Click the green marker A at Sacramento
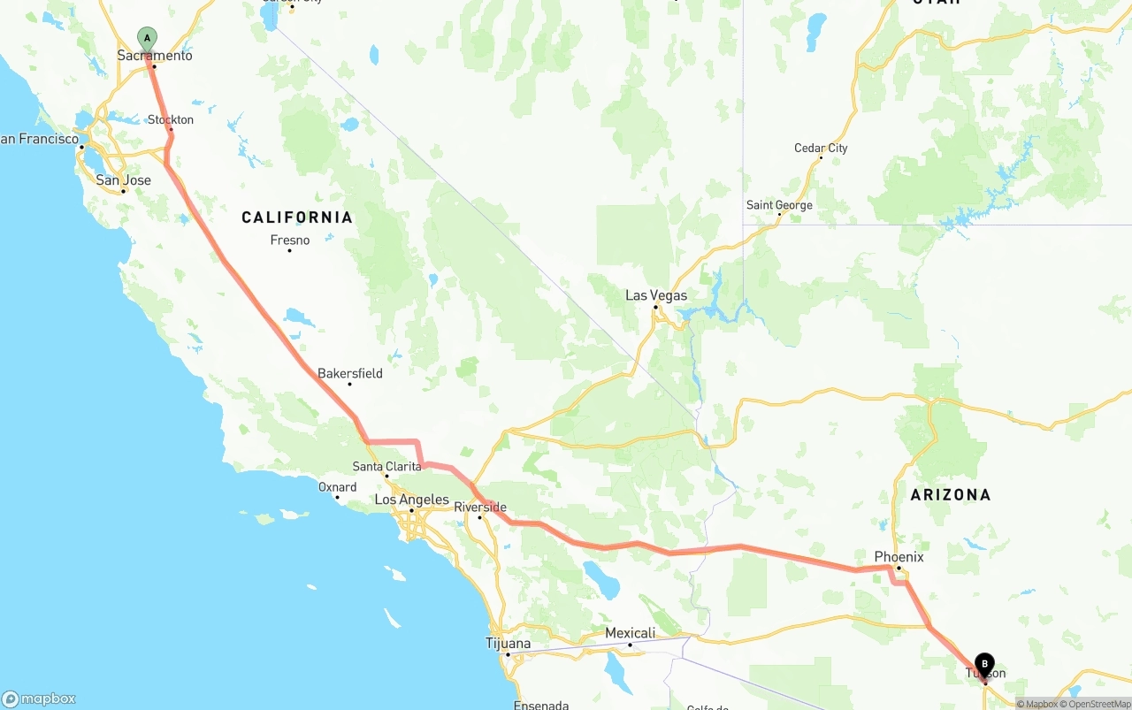pos(147,39)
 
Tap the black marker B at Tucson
pos(984,664)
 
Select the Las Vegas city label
pos(655,295)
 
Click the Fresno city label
pos(290,240)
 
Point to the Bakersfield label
pos(350,373)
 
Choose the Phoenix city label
pos(899,557)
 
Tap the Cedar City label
pos(821,148)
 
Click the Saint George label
pos(779,205)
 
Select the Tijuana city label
pos(509,643)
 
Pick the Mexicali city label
pos(630,633)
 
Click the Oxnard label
pos(337,487)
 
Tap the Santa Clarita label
pos(386,466)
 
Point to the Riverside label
pos(480,508)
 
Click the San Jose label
pos(123,180)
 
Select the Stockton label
pos(171,119)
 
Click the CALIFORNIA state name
pos(297,218)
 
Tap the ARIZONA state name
pos(951,495)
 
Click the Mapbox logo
pos(39,699)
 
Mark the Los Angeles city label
pos(411,500)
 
